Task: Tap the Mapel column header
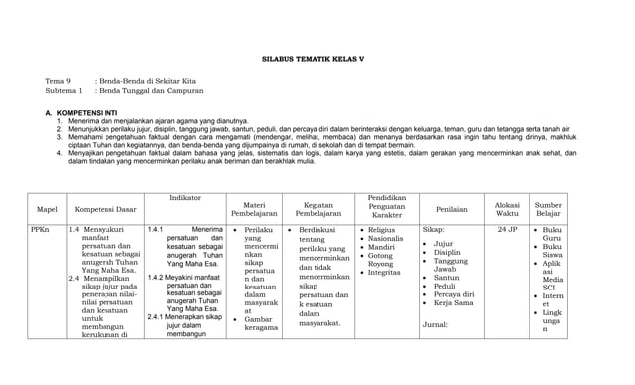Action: tap(47, 209)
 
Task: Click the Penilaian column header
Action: tap(452, 209)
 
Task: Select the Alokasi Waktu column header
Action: tap(507, 209)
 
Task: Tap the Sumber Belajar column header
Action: tap(548, 209)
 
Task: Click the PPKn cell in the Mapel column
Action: tap(40, 229)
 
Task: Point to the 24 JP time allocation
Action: tap(507, 229)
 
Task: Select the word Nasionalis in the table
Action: tap(387, 240)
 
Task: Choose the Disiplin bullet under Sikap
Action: tap(447, 253)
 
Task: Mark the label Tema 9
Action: tap(57, 79)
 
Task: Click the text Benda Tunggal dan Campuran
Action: tap(140, 90)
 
